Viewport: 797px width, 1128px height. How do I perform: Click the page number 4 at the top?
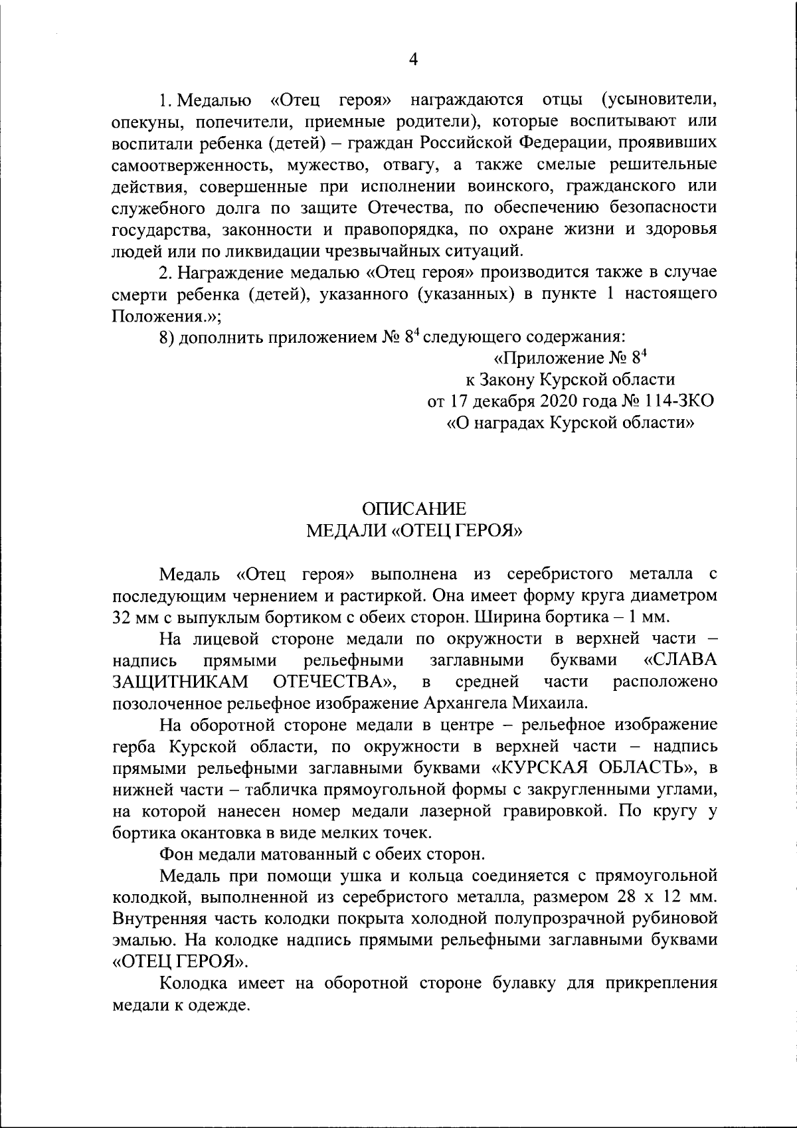[x=413, y=60]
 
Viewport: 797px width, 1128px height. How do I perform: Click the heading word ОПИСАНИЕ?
[x=413, y=510]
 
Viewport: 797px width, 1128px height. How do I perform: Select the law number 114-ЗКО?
[x=667, y=401]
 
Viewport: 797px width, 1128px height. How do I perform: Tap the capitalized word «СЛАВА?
[x=681, y=660]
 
